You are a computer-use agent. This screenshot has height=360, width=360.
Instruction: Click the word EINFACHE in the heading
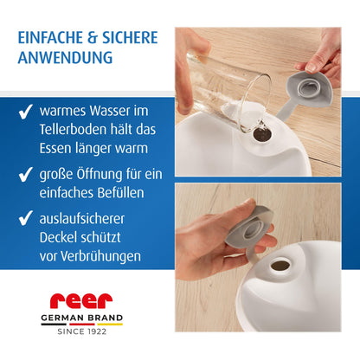[50, 38]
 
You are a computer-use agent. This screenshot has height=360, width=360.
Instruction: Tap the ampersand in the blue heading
[93, 38]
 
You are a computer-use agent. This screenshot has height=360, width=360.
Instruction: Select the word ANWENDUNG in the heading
[65, 57]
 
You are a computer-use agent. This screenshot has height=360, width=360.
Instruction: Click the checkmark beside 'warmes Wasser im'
[25, 112]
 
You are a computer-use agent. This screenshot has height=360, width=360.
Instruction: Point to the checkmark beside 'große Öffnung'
[25, 174]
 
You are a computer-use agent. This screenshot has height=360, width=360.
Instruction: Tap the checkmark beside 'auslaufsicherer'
[25, 218]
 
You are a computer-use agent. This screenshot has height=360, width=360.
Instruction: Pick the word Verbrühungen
[101, 256]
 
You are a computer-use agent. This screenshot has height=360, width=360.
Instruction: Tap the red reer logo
[81, 301]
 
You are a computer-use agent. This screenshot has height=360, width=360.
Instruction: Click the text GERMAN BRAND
[82, 318]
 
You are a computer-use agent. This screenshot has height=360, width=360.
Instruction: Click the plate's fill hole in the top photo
[262, 135]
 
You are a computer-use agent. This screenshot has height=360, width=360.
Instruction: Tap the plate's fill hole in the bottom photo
[280, 266]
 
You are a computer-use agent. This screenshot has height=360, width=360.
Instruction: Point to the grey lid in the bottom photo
[250, 231]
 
